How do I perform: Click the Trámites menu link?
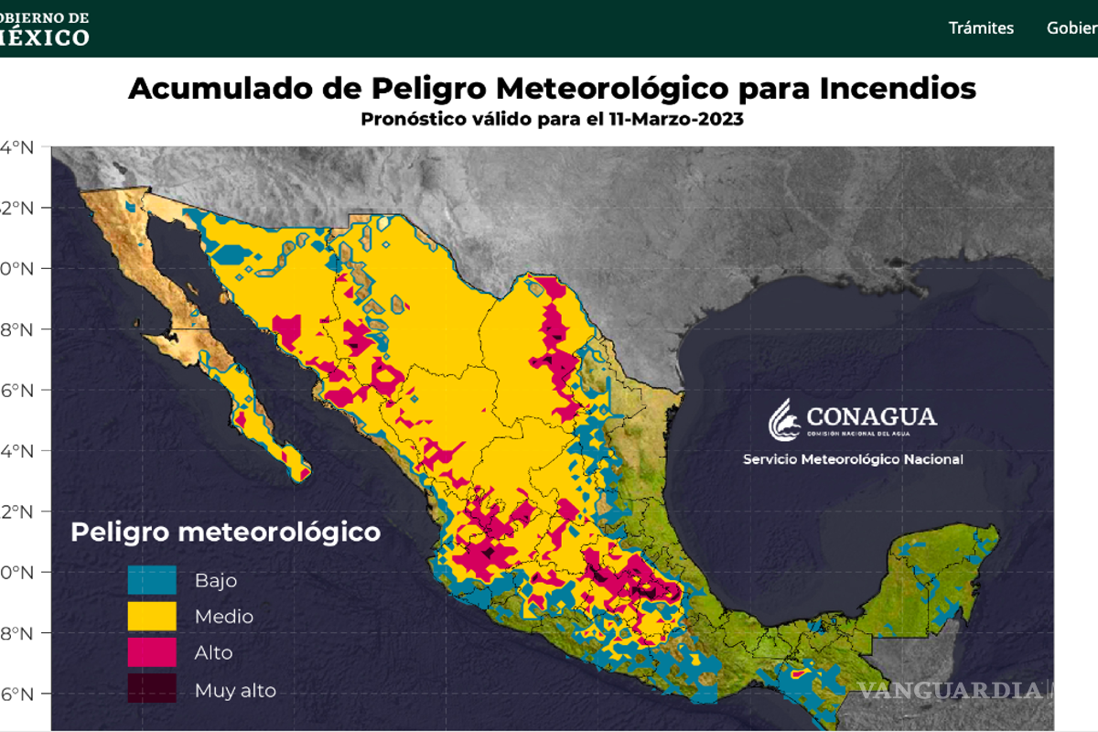(981, 27)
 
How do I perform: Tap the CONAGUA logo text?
(871, 416)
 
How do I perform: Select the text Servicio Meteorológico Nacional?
(853, 459)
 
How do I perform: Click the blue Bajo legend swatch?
(152, 580)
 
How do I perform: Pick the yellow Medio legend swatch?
(152, 617)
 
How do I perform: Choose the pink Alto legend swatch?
(152, 653)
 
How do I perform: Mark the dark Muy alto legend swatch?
(152, 689)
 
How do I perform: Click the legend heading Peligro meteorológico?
(225, 532)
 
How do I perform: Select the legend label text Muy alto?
(235, 691)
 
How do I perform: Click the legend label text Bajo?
(216, 580)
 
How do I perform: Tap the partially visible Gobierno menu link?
(1071, 27)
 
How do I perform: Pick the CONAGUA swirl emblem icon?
(784, 420)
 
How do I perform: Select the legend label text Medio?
(224, 617)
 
